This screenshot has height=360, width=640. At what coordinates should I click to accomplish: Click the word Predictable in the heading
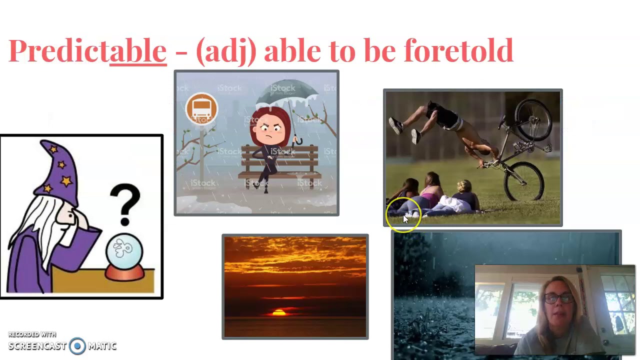pyautogui.click(x=87, y=50)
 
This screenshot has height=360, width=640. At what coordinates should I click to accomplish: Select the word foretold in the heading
pyautogui.click(x=458, y=50)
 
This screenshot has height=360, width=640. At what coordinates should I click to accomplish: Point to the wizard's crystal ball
pyautogui.click(x=124, y=250)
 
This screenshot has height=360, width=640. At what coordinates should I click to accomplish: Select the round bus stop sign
pyautogui.click(x=201, y=109)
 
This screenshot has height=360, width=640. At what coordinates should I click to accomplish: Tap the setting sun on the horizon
pyautogui.click(x=279, y=312)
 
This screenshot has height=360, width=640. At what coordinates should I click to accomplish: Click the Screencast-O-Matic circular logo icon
pyautogui.click(x=77, y=346)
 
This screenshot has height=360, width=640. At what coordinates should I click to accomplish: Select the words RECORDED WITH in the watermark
pyautogui.click(x=32, y=334)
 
